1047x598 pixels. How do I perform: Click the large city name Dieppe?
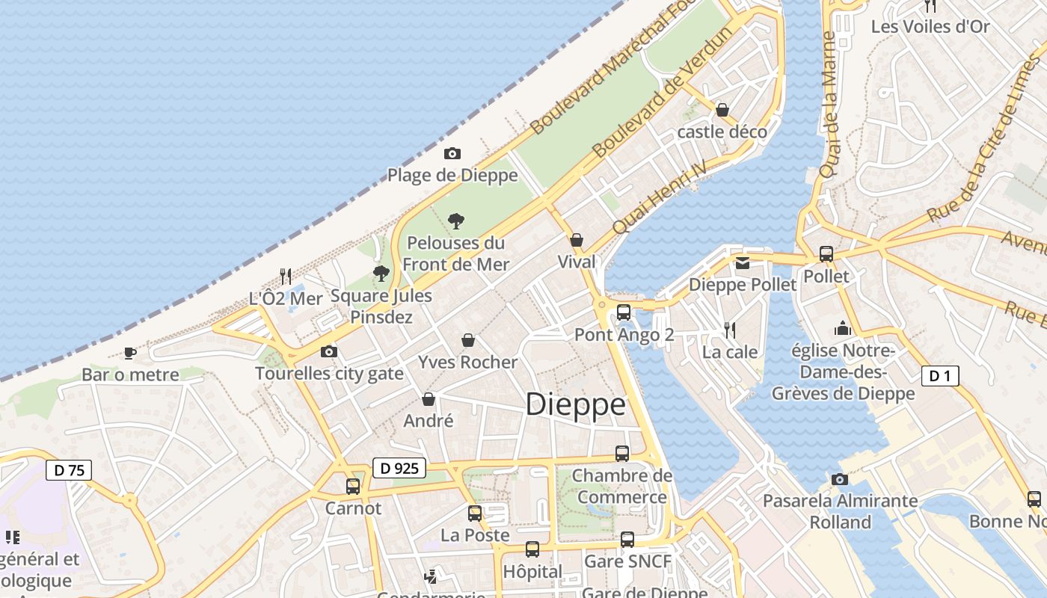point(575,404)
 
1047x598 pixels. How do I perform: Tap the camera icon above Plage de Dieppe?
point(452,154)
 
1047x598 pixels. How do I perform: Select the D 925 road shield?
point(399,469)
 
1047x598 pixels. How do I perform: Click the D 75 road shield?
point(69,470)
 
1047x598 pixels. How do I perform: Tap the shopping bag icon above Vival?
point(577,240)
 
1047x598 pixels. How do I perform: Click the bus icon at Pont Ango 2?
point(624,312)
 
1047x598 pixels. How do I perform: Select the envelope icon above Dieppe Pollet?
point(743,262)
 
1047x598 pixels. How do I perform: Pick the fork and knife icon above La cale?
point(730,330)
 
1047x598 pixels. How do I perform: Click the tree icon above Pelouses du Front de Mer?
point(455,221)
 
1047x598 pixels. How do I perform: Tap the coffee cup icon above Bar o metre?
point(130,352)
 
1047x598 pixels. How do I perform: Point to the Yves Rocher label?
point(467,363)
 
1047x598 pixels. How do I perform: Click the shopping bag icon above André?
point(429,399)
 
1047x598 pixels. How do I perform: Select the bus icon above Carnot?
point(353,487)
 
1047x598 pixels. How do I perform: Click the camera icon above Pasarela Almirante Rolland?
point(840,479)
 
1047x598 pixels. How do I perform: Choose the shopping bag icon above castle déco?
point(722,110)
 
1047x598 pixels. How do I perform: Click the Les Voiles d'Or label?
point(930,27)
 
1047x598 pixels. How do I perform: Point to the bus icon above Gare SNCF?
point(627,539)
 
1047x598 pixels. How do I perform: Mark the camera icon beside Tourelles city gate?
point(328,351)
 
